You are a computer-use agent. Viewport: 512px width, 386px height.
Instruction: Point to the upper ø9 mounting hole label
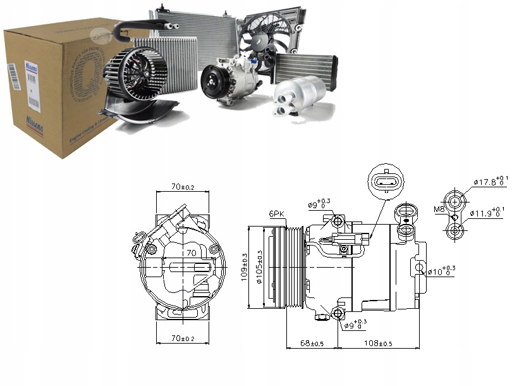[x=320, y=204]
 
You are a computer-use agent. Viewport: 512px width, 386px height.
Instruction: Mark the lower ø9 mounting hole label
[x=358, y=325]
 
